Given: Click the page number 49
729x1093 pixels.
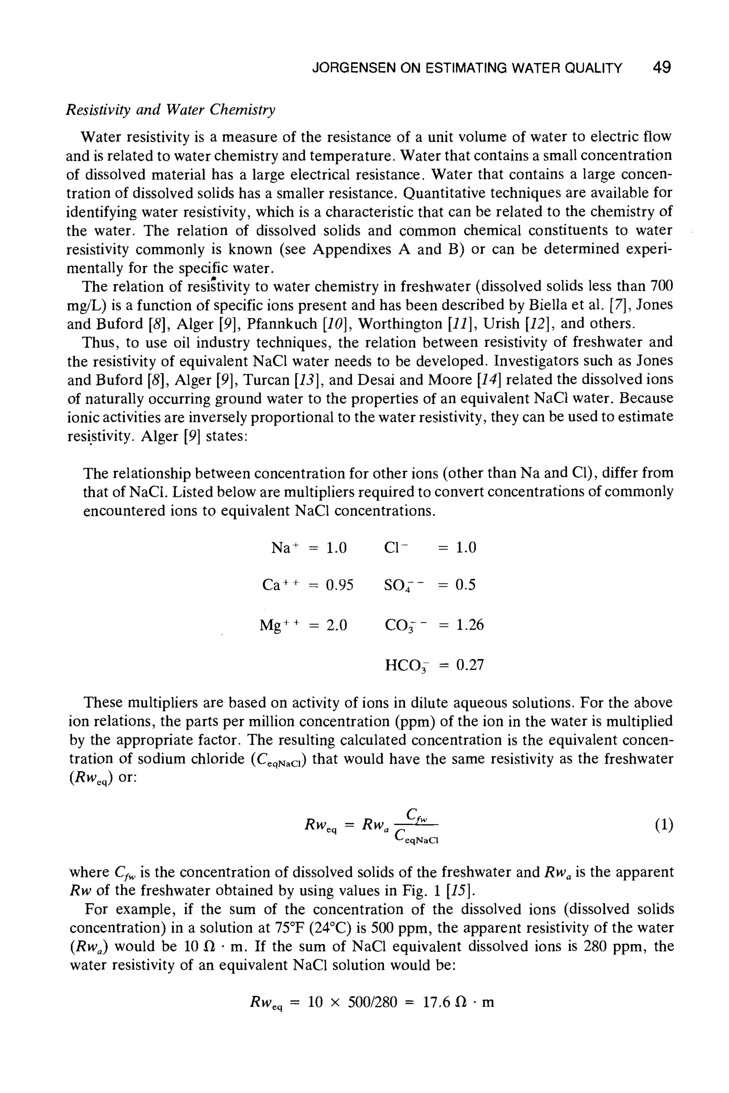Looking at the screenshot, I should coord(662,68).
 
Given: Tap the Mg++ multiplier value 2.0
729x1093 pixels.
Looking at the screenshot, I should coord(337,625).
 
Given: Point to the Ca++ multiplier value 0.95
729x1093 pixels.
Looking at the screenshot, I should coord(339,585).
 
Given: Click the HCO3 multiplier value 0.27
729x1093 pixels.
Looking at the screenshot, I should coord(470,665).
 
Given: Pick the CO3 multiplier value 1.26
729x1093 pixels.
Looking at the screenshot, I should coord(470,625).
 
